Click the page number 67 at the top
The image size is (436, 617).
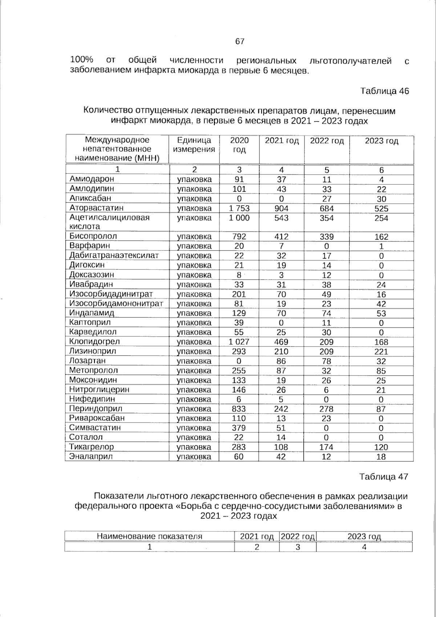240,41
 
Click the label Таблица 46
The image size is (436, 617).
384,91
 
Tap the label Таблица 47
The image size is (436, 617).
384,477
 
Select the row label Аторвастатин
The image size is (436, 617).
96,208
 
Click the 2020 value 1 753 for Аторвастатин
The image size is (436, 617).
239,208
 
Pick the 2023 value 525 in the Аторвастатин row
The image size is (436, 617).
381,209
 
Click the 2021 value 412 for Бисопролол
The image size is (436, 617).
281,237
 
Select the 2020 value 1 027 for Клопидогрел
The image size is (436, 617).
239,342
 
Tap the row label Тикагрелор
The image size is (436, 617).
92,447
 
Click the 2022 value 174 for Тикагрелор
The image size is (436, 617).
326,447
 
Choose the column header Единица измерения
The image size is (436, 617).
194,145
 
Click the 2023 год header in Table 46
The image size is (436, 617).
381,141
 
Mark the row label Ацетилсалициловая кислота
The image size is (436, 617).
109,222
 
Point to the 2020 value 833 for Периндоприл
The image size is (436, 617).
239,409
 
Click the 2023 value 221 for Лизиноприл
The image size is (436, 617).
381,352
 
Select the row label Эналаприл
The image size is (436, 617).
91,456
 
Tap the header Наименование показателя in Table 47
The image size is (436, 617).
149,536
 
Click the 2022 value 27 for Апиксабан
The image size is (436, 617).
326,199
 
